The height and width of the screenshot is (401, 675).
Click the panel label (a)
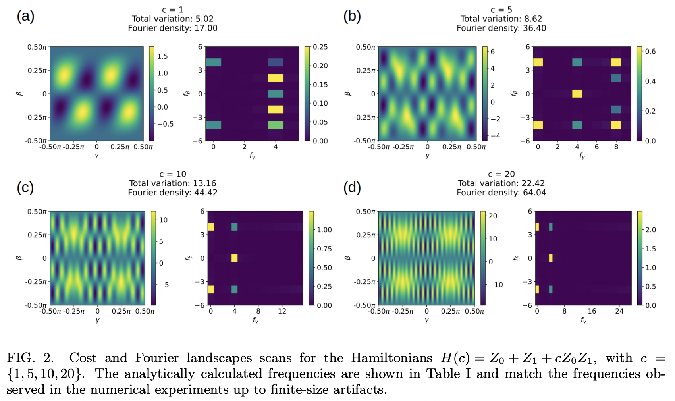click(25, 17)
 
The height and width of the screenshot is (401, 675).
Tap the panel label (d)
click(352, 187)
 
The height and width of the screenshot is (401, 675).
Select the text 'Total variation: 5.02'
click(172, 19)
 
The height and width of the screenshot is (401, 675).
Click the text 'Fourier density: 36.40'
click(501, 28)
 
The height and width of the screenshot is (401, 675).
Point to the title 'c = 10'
click(172, 174)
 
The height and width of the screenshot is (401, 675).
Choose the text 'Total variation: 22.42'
click(501, 183)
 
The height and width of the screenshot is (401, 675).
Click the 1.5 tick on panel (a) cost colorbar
click(162, 56)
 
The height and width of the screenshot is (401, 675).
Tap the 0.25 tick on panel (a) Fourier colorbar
click(320, 47)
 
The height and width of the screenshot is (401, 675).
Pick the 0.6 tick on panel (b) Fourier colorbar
click(650, 51)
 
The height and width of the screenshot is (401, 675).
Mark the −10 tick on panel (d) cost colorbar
click(495, 285)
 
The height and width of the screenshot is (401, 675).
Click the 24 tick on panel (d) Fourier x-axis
click(619, 311)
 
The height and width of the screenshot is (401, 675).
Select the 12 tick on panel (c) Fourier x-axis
click(282, 311)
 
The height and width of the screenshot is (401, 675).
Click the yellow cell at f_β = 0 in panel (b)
click(577, 94)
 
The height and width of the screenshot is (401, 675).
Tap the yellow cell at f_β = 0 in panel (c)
click(234, 258)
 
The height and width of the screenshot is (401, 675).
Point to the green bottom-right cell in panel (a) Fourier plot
click(275, 125)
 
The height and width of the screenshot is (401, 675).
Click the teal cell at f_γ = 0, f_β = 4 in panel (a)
click(213, 62)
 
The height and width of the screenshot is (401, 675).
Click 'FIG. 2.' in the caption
click(31, 358)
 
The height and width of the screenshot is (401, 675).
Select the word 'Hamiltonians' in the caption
click(391, 358)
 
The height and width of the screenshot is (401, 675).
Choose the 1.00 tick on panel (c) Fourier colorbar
click(324, 230)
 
